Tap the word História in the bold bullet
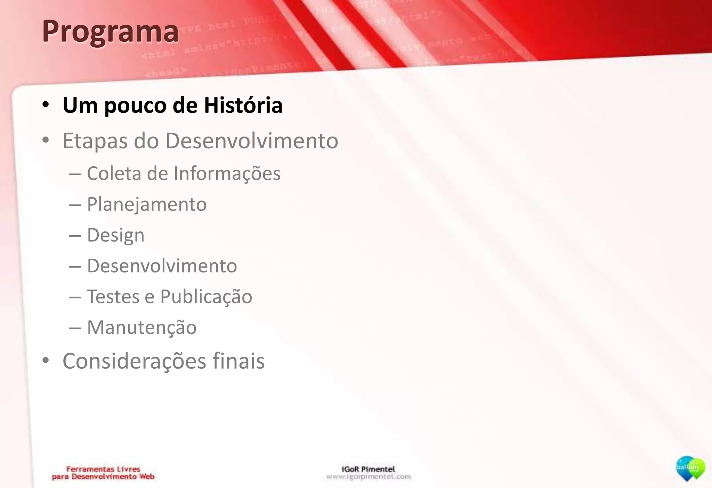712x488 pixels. click(x=243, y=105)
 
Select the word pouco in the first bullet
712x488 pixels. click(x=135, y=106)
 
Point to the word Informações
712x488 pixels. click(x=227, y=173)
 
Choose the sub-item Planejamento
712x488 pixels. click(x=147, y=204)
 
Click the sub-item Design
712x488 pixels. click(x=115, y=235)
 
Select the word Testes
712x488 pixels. click(x=113, y=297)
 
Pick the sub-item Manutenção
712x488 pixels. click(x=141, y=328)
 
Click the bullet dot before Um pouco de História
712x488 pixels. click(x=46, y=104)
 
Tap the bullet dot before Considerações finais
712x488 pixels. click(x=46, y=361)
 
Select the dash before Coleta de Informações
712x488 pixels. click(x=75, y=174)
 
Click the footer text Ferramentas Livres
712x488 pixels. click(x=103, y=469)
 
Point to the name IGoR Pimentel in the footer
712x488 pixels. click(x=368, y=469)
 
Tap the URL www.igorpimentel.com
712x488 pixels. click(x=369, y=477)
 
